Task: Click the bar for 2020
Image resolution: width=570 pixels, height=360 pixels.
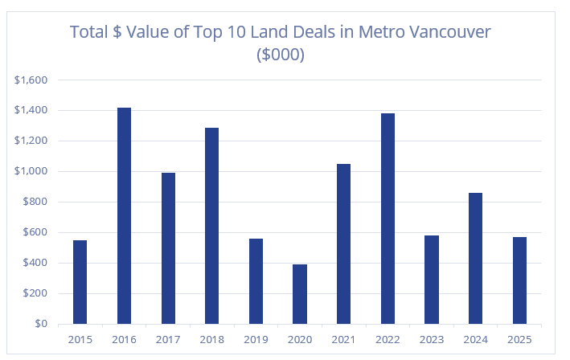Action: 300,294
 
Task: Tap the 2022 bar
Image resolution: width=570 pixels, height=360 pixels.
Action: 388,219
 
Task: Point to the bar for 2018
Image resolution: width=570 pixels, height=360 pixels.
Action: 212,226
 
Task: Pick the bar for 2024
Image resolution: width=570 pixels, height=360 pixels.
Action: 475,258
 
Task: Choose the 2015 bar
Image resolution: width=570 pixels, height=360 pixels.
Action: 80,281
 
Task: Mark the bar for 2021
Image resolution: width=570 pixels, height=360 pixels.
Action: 343,243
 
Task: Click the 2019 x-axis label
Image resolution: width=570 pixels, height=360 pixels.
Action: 256,338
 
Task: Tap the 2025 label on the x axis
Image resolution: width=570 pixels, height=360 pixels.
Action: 519,338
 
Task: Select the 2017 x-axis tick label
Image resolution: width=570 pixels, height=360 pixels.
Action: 168,338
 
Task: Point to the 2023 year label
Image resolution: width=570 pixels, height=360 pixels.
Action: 432,338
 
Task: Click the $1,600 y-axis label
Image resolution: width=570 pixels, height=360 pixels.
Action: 31,80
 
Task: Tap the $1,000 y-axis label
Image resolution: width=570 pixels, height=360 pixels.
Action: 31,171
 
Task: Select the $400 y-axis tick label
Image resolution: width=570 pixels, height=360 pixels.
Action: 35,263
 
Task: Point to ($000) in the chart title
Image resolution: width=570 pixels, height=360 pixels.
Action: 280,55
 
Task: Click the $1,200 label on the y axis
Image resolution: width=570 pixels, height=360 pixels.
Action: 31,141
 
